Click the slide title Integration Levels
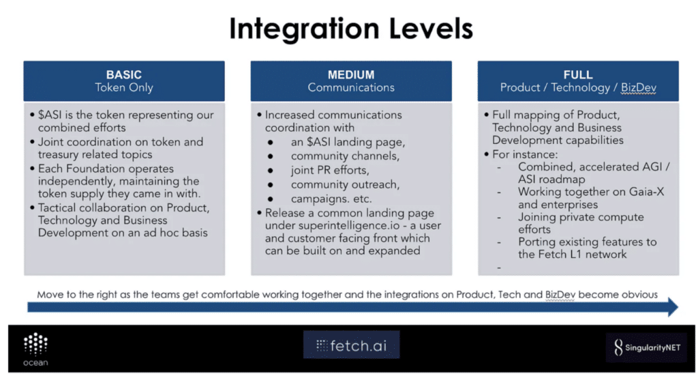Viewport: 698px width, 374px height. (350, 29)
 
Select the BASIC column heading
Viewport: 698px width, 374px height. (123, 74)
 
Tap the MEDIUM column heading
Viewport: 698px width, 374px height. (350, 74)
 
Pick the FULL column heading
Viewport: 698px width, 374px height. (577, 74)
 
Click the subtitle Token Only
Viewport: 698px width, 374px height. (123, 87)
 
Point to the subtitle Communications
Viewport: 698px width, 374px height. (350, 87)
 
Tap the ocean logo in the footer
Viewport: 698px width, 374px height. (35, 349)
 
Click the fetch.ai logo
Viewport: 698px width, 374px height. (351, 345)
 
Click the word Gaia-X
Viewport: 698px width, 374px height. (645, 192)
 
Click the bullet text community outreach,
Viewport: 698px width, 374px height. (345, 184)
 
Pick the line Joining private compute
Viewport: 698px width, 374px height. (581, 217)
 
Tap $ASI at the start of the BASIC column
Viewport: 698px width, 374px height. (53, 115)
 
